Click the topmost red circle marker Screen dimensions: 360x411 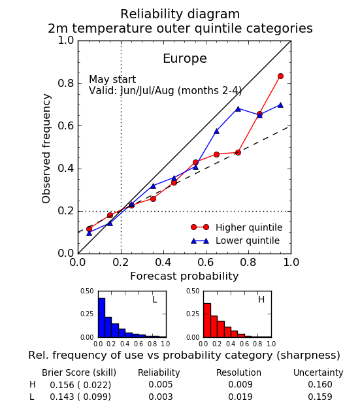pyautogui.click(x=280, y=76)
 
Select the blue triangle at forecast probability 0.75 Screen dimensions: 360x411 pyautogui.click(x=238, y=108)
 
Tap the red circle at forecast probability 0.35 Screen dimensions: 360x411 pyautogui.click(x=153, y=199)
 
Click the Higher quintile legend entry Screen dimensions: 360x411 pyautogui.click(x=237, y=227)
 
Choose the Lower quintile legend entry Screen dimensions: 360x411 pyautogui.click(x=235, y=240)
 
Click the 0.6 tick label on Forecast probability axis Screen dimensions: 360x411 pyautogui.click(x=206, y=262)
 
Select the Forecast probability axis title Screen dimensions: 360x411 pyautogui.click(x=184, y=276)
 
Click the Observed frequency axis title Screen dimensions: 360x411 pyautogui.click(x=46, y=148)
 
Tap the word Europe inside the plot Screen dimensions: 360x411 pyautogui.click(x=185, y=58)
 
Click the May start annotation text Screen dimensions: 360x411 pyautogui.click(x=112, y=79)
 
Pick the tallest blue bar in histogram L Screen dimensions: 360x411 pyautogui.click(x=101, y=318)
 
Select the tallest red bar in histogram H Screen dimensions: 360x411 pyautogui.click(x=207, y=320)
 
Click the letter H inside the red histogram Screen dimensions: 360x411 pyautogui.click(x=261, y=299)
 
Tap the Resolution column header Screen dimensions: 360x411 pyautogui.click(x=238, y=372)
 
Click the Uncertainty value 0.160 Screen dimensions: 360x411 pyautogui.click(x=320, y=384)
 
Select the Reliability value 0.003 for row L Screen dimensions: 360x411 pyautogui.click(x=161, y=397)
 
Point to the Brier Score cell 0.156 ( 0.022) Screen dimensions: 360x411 pyautogui.click(x=80, y=385)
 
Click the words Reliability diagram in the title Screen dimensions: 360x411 pyautogui.click(x=180, y=14)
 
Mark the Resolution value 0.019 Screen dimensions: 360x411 pyautogui.click(x=240, y=397)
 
